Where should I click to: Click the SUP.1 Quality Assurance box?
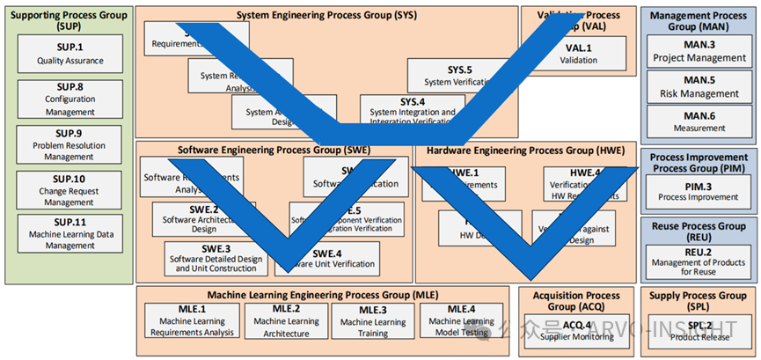(x=70, y=55)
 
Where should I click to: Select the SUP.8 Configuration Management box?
(x=70, y=100)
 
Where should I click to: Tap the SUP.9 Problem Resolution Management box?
(x=70, y=145)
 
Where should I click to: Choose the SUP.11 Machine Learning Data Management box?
(x=70, y=233)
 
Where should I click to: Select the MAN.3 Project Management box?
(x=699, y=51)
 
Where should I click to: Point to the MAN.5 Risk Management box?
(x=699, y=86)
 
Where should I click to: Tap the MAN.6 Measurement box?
(x=699, y=121)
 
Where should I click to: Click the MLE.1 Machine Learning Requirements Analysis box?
(x=192, y=320)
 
